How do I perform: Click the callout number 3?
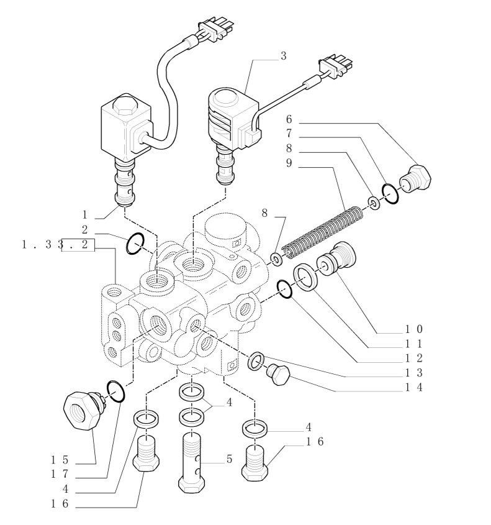pos(283,56)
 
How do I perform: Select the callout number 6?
pos(289,119)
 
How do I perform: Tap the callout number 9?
pos(289,163)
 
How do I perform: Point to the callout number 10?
pos(414,329)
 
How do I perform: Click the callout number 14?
pos(414,388)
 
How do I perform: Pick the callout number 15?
pos(60,460)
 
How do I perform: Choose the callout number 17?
pos(60,474)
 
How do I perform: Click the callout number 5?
pos(229,459)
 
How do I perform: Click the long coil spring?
pos(322,233)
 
